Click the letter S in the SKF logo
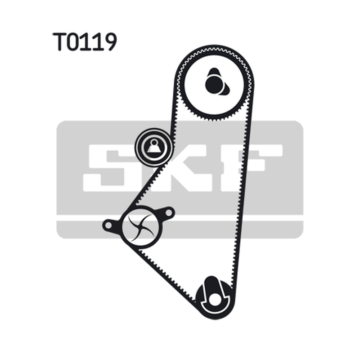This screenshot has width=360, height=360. [104, 168]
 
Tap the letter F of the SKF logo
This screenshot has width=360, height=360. [252, 168]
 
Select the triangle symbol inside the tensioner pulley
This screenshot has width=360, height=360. [154, 147]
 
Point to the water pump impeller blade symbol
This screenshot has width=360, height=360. [141, 228]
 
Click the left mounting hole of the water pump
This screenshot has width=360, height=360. [108, 225]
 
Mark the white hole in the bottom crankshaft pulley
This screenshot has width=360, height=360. [215, 300]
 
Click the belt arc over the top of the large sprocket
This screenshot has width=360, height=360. [214, 48]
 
